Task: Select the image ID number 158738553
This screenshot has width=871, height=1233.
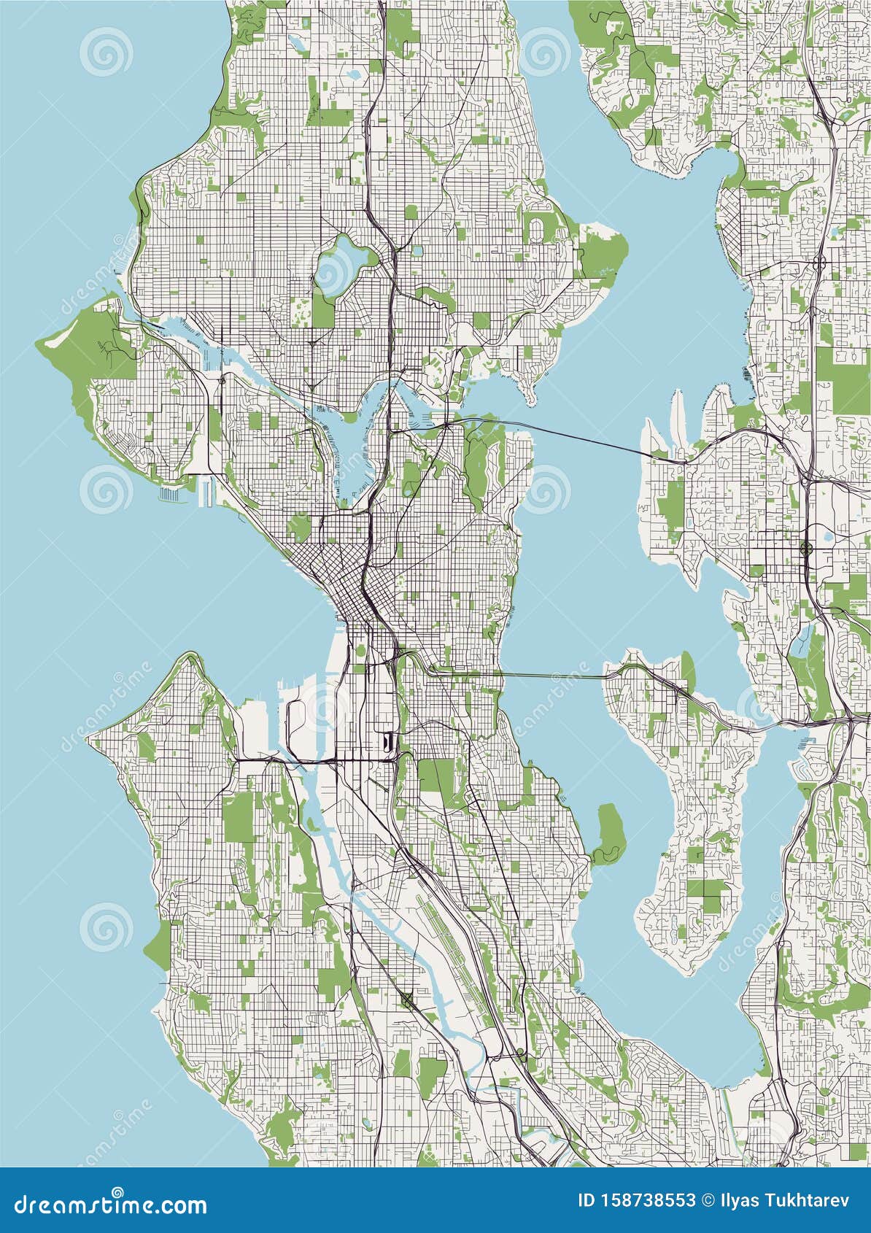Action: coord(646,1201)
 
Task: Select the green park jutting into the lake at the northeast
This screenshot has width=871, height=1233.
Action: coord(603,252)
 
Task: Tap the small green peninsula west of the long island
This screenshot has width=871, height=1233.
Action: coord(609,832)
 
